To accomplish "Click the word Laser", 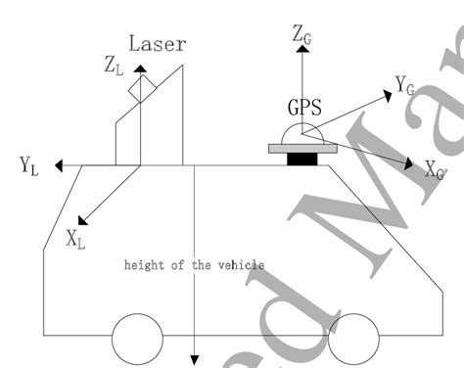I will (x=158, y=44).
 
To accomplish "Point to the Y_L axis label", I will (x=29, y=165).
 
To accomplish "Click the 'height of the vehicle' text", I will (x=194, y=264).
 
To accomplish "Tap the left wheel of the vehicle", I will (x=138, y=340).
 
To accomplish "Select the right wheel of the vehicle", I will (x=352, y=340).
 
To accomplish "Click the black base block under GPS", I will (x=302, y=159).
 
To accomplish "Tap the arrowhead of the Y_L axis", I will (x=61, y=165).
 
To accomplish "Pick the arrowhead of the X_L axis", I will (x=81, y=220).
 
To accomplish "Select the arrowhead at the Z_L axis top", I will (x=142, y=69).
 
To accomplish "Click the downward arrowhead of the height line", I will (x=195, y=360).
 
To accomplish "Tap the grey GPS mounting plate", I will (x=302, y=149).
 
